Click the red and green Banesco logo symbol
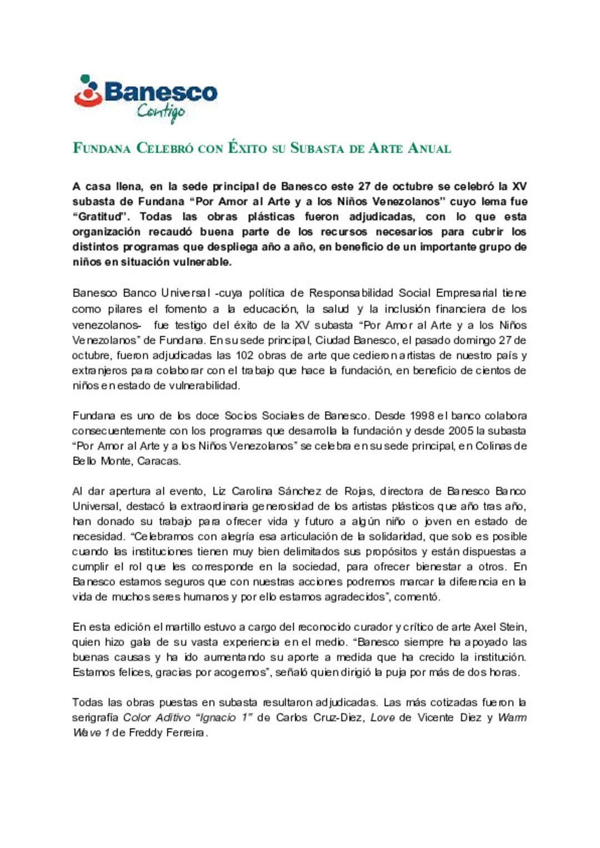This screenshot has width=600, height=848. coord(88,91)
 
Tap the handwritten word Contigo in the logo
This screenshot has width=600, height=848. coord(161,113)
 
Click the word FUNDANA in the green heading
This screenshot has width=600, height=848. coord(102,148)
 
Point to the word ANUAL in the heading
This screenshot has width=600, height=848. coord(429,148)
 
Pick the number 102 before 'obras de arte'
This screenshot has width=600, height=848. coord(244,355)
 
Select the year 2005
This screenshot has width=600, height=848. coord(461,431)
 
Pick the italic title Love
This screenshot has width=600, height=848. coord(382,718)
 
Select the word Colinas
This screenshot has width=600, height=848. coord(496,446)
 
